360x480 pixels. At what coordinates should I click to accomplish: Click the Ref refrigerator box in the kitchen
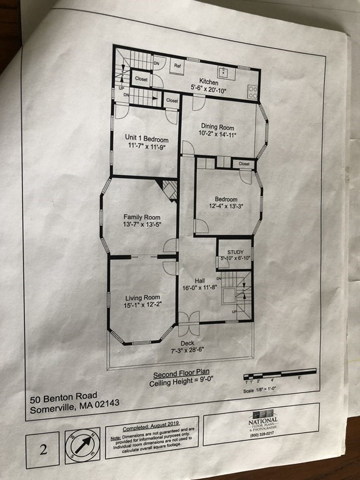coord(177,65)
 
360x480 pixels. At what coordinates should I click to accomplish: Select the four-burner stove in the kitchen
coord(252,92)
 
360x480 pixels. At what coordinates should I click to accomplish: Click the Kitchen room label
coord(209,82)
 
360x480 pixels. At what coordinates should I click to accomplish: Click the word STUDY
coord(235,252)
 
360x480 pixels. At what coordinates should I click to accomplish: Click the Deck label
coord(187,343)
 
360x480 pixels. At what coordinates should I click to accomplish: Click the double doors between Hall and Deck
coord(187,324)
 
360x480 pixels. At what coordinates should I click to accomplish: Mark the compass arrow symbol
coord(82,445)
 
